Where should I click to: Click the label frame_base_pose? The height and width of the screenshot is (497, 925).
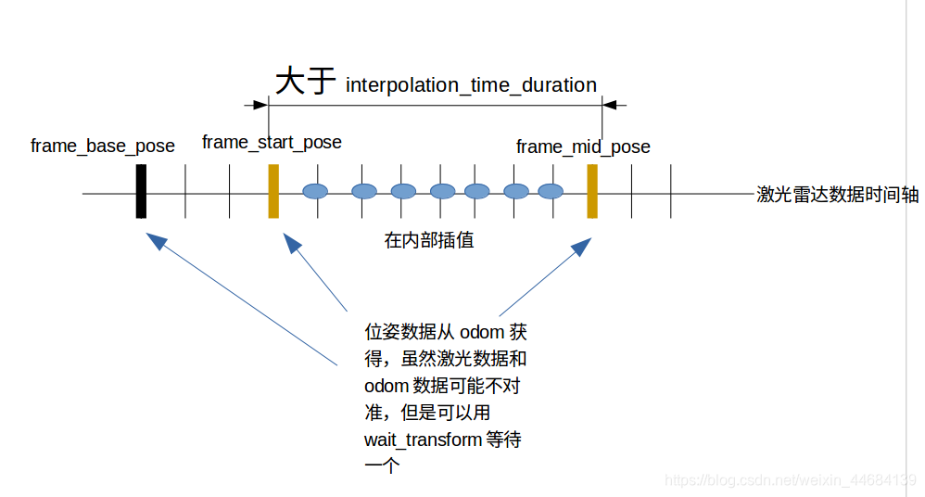[103, 147]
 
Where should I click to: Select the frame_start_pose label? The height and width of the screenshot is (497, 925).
[272, 143]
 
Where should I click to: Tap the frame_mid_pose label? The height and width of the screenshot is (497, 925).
[583, 147]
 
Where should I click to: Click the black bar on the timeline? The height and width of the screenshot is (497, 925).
[141, 191]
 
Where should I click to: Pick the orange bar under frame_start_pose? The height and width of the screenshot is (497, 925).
[273, 191]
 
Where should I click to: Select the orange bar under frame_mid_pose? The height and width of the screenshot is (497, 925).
[592, 191]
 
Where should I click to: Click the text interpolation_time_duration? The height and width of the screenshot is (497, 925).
[471, 85]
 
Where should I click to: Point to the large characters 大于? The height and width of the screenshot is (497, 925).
[305, 82]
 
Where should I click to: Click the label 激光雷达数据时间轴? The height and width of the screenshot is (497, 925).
[837, 195]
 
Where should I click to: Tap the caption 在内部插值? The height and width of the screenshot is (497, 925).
[429, 241]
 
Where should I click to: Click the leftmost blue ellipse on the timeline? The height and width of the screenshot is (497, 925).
[316, 192]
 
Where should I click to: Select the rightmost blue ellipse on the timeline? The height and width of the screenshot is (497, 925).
[551, 192]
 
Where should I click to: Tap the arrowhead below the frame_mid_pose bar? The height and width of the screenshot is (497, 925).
[582, 247]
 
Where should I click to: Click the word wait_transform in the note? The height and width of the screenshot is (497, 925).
[423, 440]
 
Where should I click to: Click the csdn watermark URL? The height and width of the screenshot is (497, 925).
[791, 480]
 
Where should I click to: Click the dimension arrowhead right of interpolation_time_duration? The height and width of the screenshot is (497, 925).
[620, 105]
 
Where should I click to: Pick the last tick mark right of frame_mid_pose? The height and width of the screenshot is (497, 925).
[670, 191]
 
